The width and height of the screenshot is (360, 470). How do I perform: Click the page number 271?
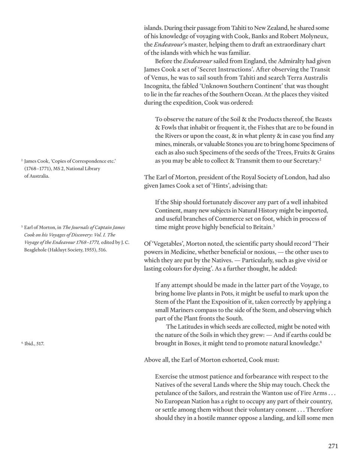[x=333, y=446]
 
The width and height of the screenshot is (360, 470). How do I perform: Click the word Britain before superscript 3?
[x=261, y=227]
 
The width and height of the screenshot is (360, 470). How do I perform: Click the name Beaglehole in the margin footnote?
[x=34, y=250]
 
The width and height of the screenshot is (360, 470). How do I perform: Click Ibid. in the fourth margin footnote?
[x=29, y=343]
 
